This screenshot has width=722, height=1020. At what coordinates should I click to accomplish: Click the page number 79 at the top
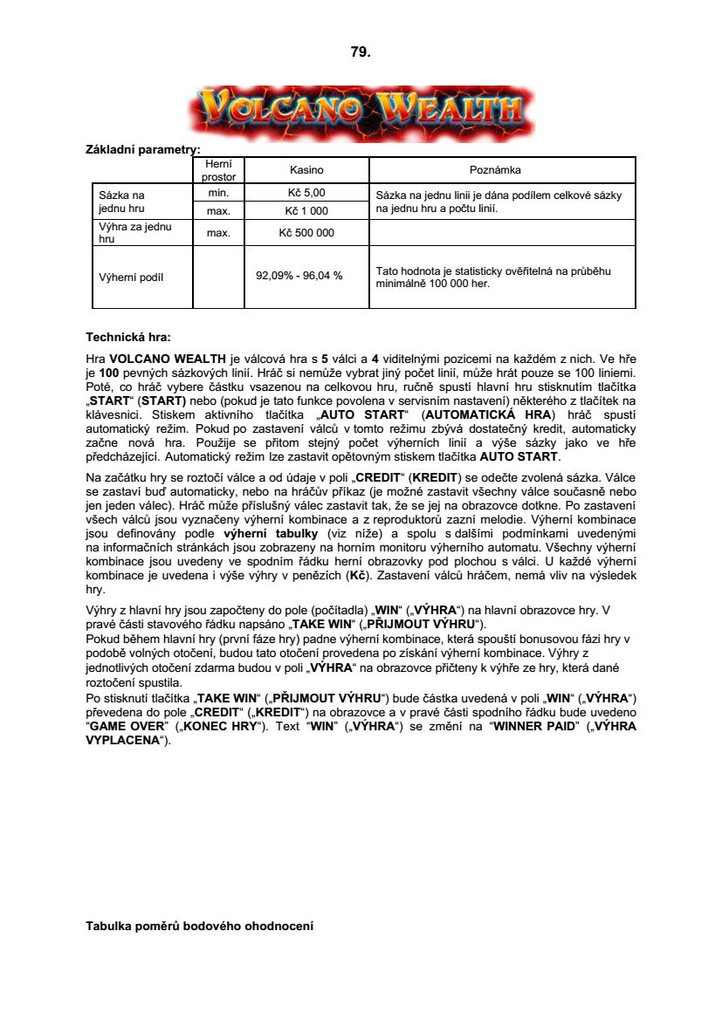click(361, 52)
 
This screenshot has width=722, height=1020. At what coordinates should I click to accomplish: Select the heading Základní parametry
click(143, 150)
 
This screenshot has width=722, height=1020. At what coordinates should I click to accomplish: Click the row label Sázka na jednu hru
click(122, 202)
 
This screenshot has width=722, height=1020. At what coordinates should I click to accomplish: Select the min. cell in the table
click(218, 193)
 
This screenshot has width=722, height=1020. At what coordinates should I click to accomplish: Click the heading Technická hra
click(128, 337)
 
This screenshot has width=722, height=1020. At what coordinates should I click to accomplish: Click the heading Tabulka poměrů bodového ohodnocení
click(199, 925)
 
